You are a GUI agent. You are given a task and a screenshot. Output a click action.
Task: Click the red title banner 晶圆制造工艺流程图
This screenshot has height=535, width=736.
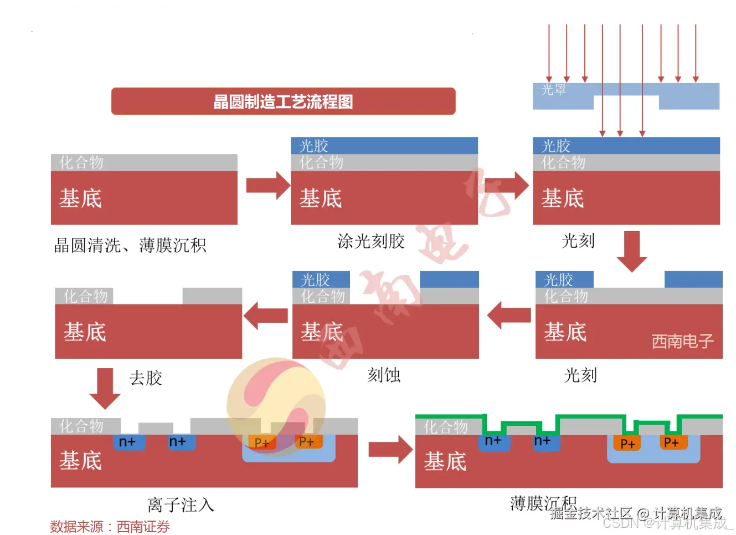pos(283,101)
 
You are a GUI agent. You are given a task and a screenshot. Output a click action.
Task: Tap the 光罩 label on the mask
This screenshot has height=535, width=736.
pos(553,90)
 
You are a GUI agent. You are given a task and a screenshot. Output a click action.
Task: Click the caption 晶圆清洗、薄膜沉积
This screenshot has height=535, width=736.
pos(130,245)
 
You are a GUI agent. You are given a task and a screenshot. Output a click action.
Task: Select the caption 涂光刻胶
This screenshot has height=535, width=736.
pos(371,241)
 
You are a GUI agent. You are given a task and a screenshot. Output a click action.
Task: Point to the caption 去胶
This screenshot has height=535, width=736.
pos(146,378)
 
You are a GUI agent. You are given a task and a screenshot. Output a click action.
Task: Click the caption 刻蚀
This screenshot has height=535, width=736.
pos(384,375)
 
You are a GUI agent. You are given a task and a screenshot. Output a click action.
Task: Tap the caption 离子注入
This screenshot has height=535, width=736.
pos(181,505)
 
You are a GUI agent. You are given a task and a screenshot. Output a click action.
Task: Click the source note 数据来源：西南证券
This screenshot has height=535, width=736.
pos(110,526)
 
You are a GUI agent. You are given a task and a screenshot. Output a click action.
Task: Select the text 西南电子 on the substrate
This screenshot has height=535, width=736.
pos(682,341)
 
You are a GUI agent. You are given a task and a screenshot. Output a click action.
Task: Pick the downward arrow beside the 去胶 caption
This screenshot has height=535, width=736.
pos(105,388)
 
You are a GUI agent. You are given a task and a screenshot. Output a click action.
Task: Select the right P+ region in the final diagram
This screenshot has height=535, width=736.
pos(671,442)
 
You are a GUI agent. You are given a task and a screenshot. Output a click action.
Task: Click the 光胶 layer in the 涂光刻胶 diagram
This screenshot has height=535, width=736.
pos(384,146)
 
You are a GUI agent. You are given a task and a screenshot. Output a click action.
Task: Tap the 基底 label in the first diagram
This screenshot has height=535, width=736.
pos(81,198)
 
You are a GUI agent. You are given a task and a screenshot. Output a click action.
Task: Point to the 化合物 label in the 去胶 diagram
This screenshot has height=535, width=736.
pos(85,296)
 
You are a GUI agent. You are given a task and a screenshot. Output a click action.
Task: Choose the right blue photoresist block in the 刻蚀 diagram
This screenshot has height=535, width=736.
pos(449,279)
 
